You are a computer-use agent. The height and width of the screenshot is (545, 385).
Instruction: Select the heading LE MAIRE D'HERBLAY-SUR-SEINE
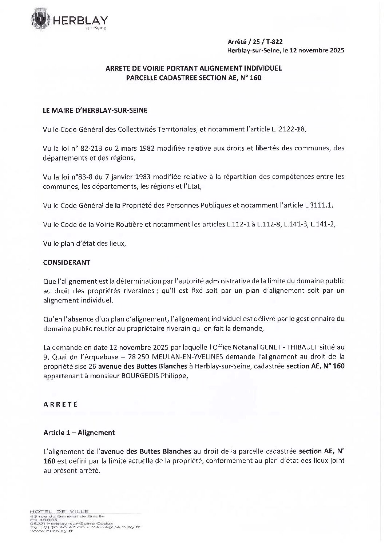[x=95, y=111]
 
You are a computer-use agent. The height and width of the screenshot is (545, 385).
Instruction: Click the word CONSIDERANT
[x=67, y=262]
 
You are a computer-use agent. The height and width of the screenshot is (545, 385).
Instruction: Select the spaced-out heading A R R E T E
[x=60, y=404]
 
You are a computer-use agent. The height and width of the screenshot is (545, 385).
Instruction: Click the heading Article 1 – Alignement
[x=79, y=433]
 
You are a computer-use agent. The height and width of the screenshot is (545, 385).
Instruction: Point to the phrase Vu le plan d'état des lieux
[x=84, y=243]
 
